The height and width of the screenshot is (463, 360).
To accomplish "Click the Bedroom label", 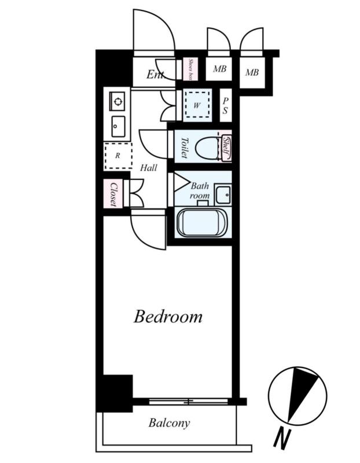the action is tap(168, 317).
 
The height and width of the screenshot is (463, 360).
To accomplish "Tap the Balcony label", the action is tap(169, 423).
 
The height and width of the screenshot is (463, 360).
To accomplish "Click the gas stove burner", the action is tap(117, 101).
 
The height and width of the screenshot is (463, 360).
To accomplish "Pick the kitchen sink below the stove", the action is tap(118, 126).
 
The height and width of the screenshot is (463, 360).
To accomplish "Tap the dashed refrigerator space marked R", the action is tap(118, 156).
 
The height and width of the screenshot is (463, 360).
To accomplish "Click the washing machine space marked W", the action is tap(197, 105).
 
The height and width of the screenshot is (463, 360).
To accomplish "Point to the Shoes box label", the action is tap(190, 69).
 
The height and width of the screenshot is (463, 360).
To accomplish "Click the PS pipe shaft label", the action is tap(225, 105).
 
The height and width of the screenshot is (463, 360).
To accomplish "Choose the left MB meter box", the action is tap(219, 69).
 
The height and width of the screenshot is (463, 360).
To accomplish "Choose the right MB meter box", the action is tap(252, 72).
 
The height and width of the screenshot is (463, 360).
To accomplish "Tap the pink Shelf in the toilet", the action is tap(227, 146).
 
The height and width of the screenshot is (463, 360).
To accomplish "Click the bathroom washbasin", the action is tap(223, 194).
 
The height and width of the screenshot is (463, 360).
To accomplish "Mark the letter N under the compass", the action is tap(282, 439).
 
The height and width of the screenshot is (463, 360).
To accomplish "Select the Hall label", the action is tap(148, 168).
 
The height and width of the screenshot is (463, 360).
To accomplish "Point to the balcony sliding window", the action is tap(188, 402).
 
